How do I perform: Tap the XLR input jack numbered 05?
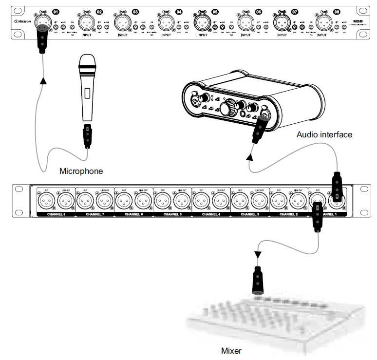202,22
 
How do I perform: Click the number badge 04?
179,11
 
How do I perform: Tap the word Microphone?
81,171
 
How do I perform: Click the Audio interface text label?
324,134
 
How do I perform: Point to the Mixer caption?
231,350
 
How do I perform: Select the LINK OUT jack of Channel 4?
220,199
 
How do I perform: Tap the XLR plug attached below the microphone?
87,136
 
